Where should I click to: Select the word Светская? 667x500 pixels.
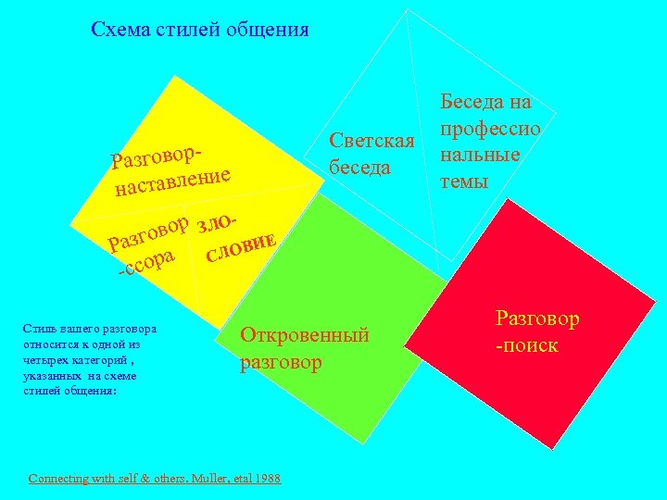pyautogui.click(x=371, y=142)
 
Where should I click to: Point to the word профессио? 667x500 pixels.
pyautogui.click(x=490, y=128)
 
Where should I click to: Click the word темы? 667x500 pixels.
pyautogui.click(x=464, y=181)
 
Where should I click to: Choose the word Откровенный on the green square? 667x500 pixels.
pyautogui.click(x=305, y=335)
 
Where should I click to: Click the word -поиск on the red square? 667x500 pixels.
pyautogui.click(x=527, y=345)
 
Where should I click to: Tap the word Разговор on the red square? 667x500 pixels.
pyautogui.click(x=537, y=319)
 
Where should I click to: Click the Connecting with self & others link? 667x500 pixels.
pyautogui.click(x=116, y=478)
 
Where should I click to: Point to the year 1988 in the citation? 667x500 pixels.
pyautogui.click(x=266, y=478)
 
